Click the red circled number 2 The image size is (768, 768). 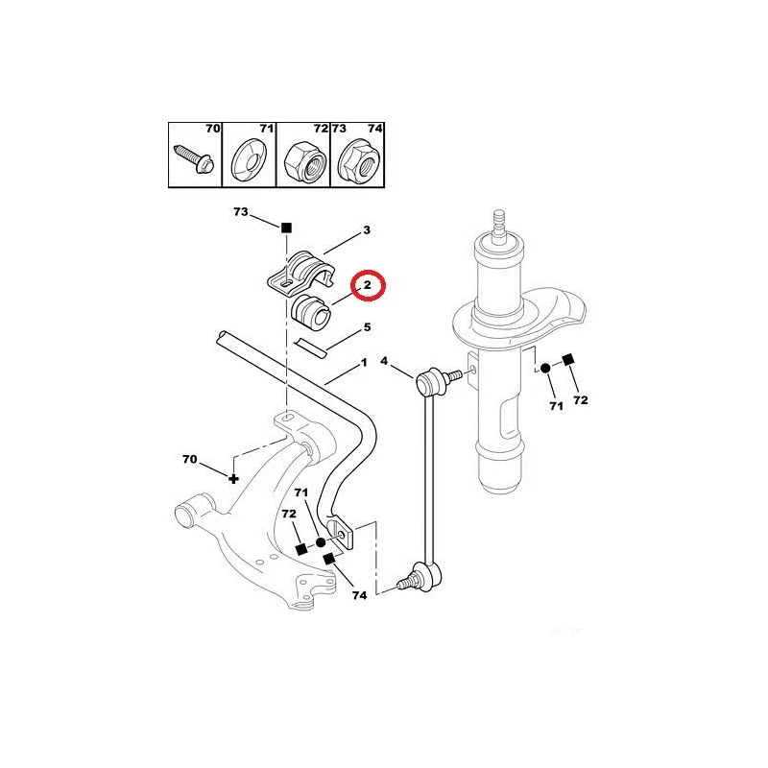point(368,284)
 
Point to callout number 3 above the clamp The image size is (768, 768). point(367,229)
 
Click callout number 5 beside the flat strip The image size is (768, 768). point(368,326)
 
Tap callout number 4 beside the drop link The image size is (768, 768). point(384,361)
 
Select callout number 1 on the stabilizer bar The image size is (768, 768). point(364,363)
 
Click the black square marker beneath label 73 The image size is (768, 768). point(286,228)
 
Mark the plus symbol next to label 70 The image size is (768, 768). point(233,478)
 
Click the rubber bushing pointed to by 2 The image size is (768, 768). point(312,312)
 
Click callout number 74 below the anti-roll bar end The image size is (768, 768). point(359,595)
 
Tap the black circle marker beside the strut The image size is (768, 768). point(545,369)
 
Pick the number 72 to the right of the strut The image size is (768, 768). point(581,400)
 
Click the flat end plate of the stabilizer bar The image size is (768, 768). point(341,535)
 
